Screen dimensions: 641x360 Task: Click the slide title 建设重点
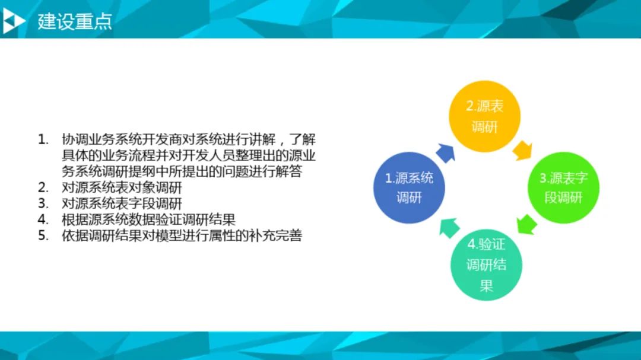(x=75, y=21)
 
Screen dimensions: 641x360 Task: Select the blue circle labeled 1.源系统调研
(x=409, y=188)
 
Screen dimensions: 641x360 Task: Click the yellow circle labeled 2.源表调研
(x=484, y=116)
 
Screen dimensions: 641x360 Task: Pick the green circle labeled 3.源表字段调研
(x=563, y=188)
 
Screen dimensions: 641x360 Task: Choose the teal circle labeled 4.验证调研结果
(x=486, y=265)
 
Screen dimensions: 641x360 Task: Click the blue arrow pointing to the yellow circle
(x=446, y=153)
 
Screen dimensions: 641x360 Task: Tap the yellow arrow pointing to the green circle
(x=522, y=151)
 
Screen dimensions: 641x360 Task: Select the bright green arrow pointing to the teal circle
(x=526, y=225)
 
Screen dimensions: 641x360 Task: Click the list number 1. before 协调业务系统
(x=43, y=140)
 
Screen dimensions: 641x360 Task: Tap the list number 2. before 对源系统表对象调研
(x=43, y=187)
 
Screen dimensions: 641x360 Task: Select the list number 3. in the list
(x=43, y=203)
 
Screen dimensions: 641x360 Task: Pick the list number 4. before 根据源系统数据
(x=43, y=219)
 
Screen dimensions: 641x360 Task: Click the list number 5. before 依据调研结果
(x=43, y=235)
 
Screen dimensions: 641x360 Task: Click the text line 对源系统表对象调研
(x=122, y=187)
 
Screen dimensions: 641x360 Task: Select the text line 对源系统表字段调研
(x=122, y=203)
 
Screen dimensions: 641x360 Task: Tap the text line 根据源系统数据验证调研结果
(x=148, y=219)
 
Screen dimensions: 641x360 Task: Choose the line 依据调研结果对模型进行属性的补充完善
(x=182, y=235)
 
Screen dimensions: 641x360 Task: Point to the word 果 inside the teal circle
(x=486, y=285)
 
